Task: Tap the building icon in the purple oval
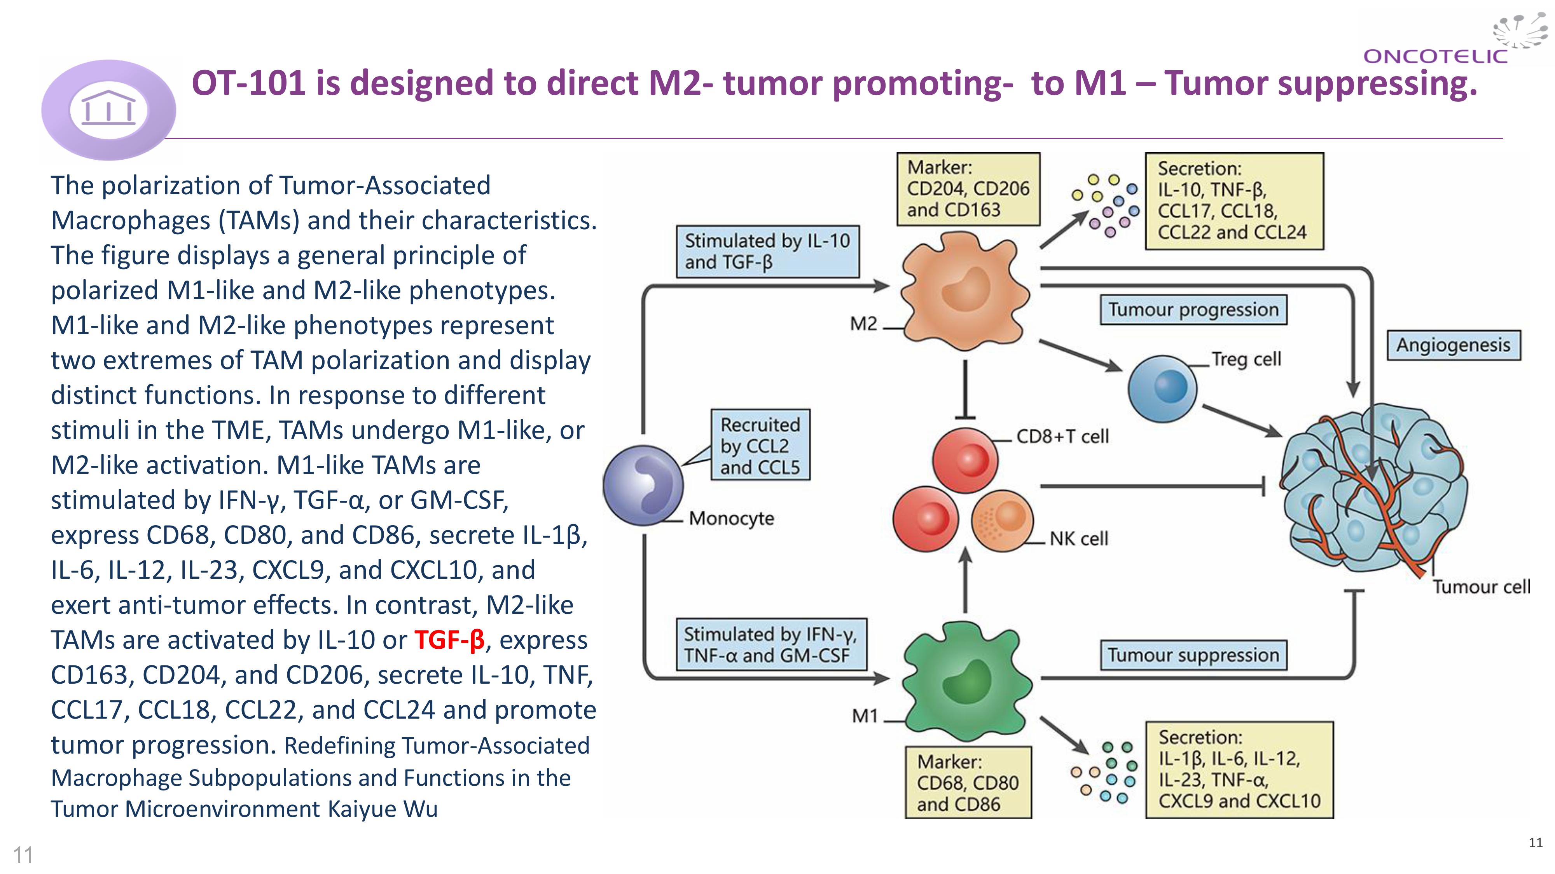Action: tap(109, 110)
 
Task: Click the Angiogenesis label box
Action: tap(1453, 345)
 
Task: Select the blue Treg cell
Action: tap(1162, 388)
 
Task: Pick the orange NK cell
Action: tap(1002, 521)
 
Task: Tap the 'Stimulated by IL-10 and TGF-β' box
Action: tap(767, 252)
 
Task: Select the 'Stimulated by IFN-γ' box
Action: tap(770, 645)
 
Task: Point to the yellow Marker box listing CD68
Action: tap(968, 783)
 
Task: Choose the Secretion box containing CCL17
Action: tap(1234, 201)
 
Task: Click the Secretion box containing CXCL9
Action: tap(1239, 770)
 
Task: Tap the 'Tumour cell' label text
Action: tap(1482, 587)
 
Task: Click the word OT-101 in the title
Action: tap(248, 83)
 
